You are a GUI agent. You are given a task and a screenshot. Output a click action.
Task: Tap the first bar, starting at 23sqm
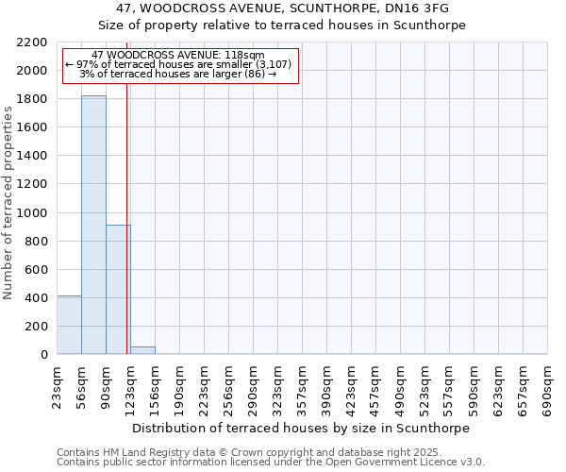[x=69, y=325]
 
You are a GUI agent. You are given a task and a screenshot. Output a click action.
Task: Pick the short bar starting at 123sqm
[x=142, y=350]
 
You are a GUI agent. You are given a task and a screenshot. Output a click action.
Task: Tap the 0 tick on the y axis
[x=43, y=354]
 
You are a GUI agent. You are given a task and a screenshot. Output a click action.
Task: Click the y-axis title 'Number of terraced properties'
[x=8, y=203]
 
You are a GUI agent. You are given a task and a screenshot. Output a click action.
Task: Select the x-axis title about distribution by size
[x=302, y=428]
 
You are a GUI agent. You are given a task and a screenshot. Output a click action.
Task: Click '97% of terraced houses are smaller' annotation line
[x=179, y=64]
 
